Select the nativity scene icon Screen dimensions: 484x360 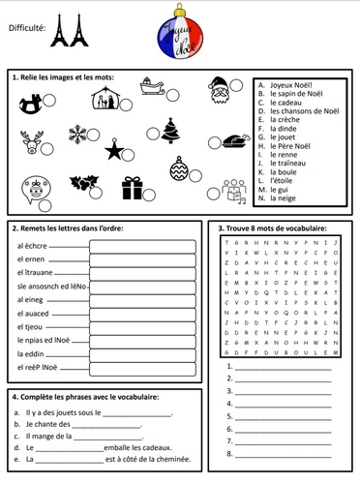point(104,97)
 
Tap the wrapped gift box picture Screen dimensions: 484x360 point(132,186)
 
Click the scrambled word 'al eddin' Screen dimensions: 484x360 point(32,354)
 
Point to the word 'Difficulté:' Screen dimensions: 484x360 point(26,28)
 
